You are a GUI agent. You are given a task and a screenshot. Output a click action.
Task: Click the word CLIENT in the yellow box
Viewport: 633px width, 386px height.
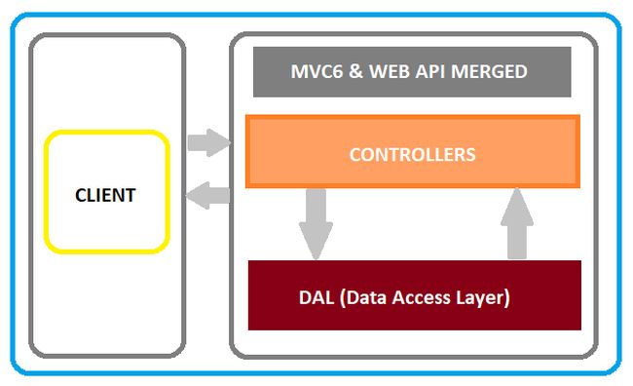tap(105, 195)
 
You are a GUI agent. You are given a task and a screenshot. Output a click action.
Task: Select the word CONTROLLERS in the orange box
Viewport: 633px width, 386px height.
tap(412, 154)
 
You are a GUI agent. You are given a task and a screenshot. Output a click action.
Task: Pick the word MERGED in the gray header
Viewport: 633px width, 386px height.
tap(493, 72)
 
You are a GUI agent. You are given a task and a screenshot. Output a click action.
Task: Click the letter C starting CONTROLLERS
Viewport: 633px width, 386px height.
tap(354, 154)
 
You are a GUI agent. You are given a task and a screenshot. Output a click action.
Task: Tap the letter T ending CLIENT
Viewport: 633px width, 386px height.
tap(130, 195)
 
